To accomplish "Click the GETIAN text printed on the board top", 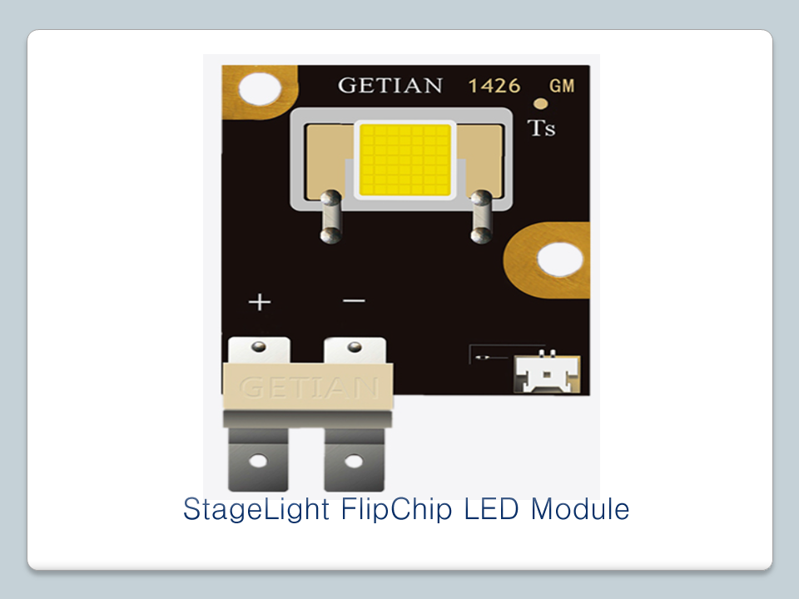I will click(x=390, y=86).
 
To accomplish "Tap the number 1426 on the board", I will click(x=494, y=86).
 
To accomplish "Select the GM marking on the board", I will click(x=562, y=86).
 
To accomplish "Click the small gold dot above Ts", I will click(x=540, y=104).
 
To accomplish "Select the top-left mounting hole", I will click(x=260, y=89).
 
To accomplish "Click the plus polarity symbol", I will click(x=260, y=301).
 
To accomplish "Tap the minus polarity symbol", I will click(x=354, y=300).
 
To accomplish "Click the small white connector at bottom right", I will click(x=546, y=374).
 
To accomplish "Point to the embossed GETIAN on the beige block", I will click(x=309, y=387).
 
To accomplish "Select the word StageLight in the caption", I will click(x=256, y=509).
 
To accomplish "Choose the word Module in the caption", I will click(x=580, y=508).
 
